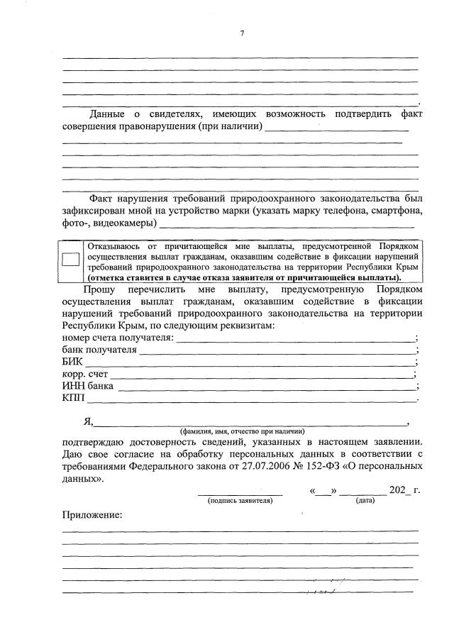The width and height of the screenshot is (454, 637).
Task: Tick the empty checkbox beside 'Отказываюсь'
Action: coord(71,260)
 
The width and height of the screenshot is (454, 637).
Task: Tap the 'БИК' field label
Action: coord(72,362)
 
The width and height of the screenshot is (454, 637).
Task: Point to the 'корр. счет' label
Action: coord(84,374)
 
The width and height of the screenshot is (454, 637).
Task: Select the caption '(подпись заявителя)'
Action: coord(240,501)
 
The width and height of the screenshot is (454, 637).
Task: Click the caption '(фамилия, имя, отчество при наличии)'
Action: coord(242,431)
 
